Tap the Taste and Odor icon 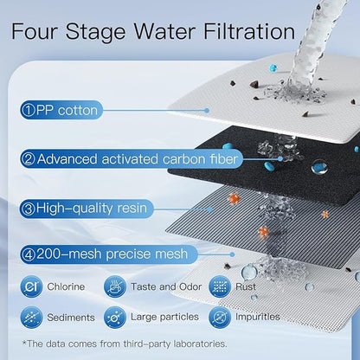114,286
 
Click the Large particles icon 114,317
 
